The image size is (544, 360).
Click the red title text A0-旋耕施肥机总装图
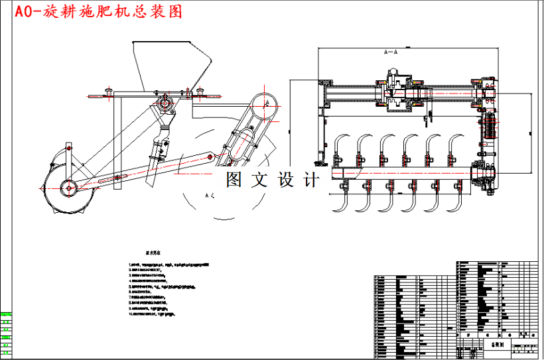[x=93, y=11]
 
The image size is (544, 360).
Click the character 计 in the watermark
[x=310, y=180]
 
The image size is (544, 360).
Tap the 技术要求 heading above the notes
[x=155, y=253]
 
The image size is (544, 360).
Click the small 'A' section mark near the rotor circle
[x=208, y=196]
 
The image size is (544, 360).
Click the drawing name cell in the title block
[x=497, y=345]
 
